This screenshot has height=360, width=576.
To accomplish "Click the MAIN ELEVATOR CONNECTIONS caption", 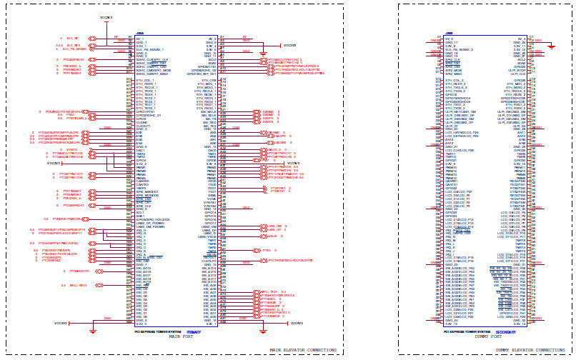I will point(304,350).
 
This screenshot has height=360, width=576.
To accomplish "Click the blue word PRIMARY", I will point(194,332).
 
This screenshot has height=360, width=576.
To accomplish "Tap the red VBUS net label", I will point(272,235).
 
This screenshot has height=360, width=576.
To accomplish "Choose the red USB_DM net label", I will point(274,226).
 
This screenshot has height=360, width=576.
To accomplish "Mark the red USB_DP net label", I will point(274,230).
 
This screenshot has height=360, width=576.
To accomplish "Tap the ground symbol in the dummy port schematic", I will point(551,46).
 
